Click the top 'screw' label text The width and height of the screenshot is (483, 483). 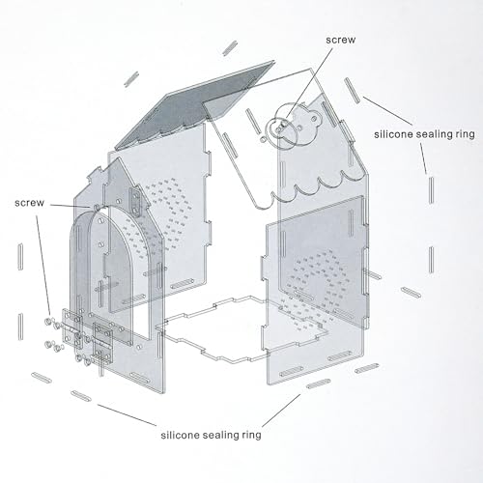click(341, 40)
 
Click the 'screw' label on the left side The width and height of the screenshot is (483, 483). click(29, 203)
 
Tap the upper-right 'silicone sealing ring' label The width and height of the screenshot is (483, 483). click(424, 134)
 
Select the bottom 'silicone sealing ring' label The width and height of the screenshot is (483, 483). click(211, 435)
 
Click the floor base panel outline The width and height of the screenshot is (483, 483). click(241, 328)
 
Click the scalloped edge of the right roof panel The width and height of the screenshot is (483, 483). click(319, 186)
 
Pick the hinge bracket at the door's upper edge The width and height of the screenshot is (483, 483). click(136, 202)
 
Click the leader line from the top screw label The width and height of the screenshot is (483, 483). click(309, 83)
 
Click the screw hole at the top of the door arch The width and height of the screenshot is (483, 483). click(97, 206)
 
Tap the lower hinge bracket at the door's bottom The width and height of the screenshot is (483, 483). click(102, 342)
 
